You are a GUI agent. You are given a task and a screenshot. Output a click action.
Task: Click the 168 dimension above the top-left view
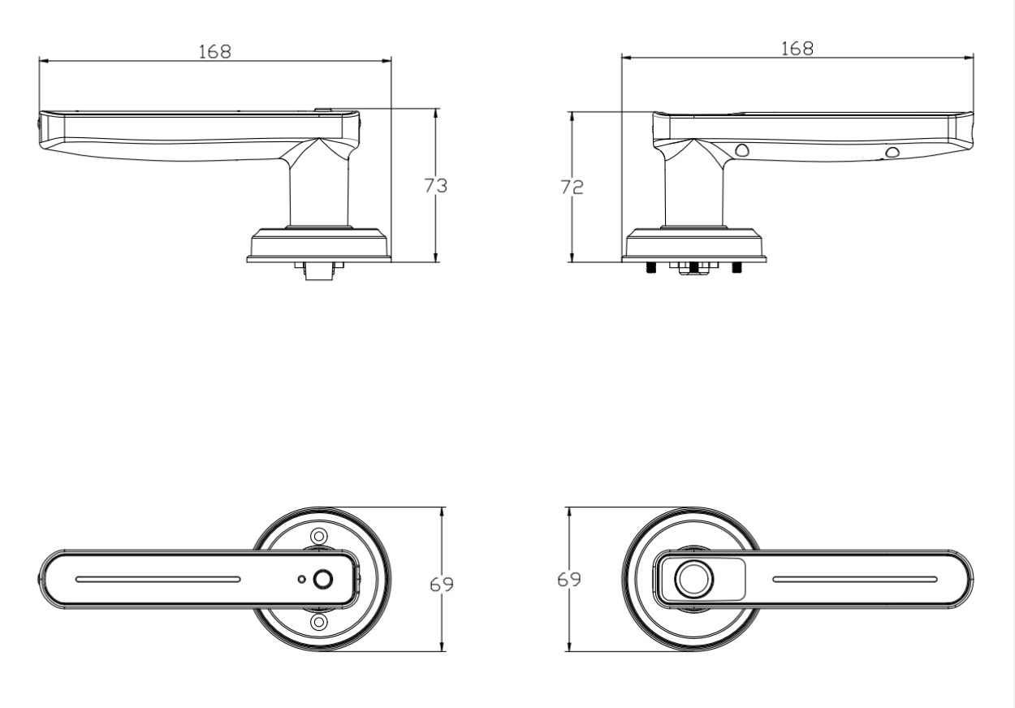tap(215, 52)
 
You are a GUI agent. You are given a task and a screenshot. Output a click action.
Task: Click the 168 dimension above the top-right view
tap(797, 49)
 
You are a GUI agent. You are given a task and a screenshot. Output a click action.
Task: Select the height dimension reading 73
tap(435, 186)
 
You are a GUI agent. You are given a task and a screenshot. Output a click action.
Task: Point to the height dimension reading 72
tap(572, 187)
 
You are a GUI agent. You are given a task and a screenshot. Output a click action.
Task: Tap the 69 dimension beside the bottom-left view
tap(442, 585)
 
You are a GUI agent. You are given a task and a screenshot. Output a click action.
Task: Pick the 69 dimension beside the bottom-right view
tap(569, 580)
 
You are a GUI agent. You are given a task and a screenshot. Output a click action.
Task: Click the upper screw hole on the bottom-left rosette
tap(319, 537)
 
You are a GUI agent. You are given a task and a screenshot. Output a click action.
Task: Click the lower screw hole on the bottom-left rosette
tap(319, 621)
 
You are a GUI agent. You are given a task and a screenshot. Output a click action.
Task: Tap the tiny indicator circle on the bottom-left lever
tap(302, 580)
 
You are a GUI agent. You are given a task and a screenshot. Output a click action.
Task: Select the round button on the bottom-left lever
tap(323, 580)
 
